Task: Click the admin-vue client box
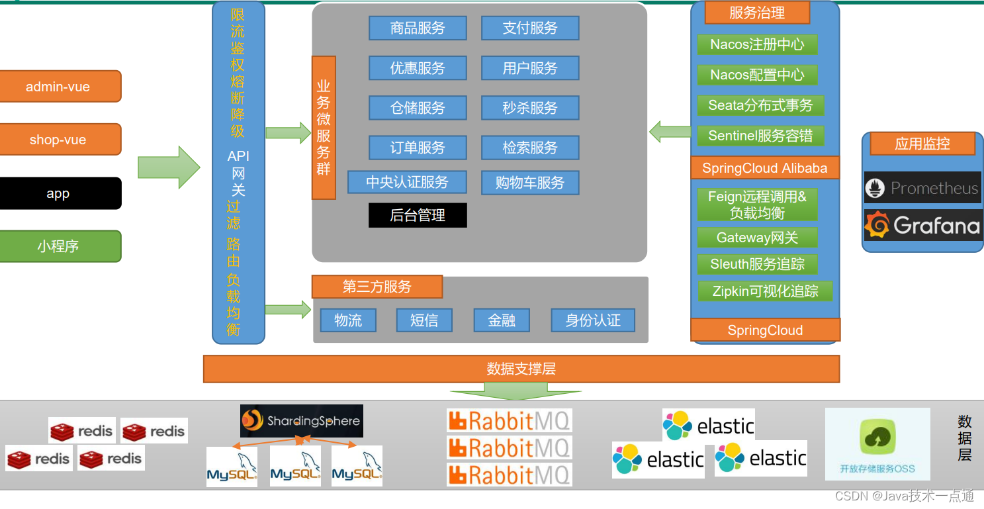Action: (x=58, y=87)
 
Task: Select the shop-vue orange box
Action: (x=58, y=140)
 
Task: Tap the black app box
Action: (x=58, y=193)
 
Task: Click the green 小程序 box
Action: (x=58, y=246)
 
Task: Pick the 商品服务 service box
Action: (x=418, y=28)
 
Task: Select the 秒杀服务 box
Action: (x=530, y=108)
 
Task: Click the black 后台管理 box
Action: (x=418, y=215)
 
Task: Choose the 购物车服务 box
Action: (x=530, y=183)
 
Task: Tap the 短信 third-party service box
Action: (x=424, y=320)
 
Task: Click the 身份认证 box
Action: (x=593, y=320)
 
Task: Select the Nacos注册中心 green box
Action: (x=757, y=44)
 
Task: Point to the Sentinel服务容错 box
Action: (x=761, y=136)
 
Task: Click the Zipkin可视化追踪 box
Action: (x=765, y=291)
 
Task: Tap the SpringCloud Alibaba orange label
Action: (x=765, y=168)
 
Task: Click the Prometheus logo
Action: (x=922, y=188)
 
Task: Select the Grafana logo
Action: (x=922, y=226)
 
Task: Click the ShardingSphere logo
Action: (x=302, y=420)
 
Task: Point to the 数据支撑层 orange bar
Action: (x=521, y=369)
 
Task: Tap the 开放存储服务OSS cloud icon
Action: (x=877, y=438)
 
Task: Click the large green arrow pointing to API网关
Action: (x=169, y=167)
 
